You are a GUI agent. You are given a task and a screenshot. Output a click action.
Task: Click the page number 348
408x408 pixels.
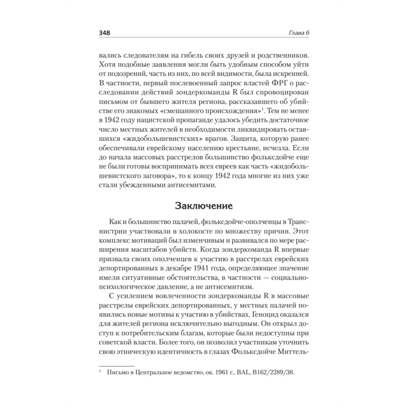(x=105, y=32)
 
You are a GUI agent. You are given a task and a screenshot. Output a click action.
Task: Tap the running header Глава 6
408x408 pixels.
(x=299, y=32)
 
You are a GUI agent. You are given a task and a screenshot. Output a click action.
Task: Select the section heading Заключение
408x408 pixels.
(x=204, y=205)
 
